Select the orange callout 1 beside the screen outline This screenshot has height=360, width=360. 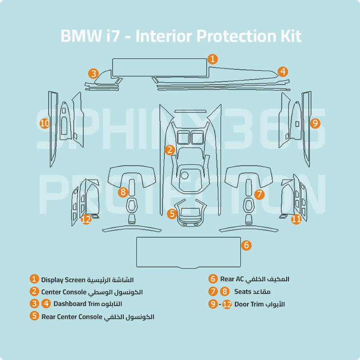tap(213, 59)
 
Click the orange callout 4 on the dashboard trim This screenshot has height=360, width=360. tap(282, 72)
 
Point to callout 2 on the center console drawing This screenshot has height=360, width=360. tap(170, 150)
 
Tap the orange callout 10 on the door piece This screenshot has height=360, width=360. tap(45, 123)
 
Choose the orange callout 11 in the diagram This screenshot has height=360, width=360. tap(296, 219)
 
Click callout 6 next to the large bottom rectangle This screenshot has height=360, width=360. tap(246, 245)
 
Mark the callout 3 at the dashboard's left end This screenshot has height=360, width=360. tap(93, 73)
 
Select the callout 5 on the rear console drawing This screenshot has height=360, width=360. tap(172, 214)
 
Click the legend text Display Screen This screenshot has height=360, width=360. tap(63, 280)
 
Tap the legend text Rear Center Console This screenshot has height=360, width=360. tap(72, 316)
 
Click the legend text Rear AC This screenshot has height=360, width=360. tap(231, 279)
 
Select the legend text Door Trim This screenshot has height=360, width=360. tap(248, 304)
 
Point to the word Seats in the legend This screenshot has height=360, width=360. tap(243, 292)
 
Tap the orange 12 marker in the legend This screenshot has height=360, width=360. tap(227, 305)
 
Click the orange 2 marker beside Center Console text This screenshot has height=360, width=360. tap(35, 292)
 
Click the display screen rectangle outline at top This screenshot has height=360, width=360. tap(159, 67)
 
